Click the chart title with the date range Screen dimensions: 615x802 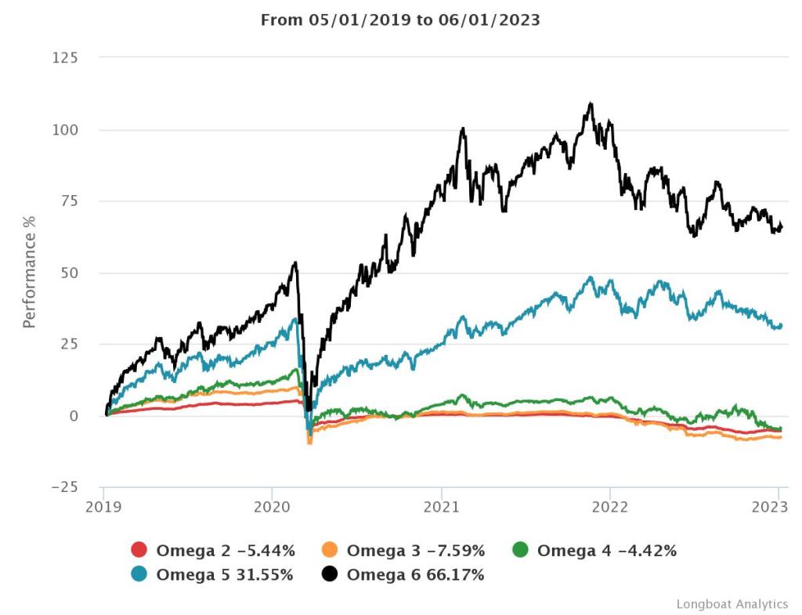(400, 20)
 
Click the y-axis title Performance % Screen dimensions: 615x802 (30, 270)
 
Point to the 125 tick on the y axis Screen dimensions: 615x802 (65, 58)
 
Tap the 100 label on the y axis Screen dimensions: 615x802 (65, 129)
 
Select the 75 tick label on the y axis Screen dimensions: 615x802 (69, 201)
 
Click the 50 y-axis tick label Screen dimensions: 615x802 (69, 273)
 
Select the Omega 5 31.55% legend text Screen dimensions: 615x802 (225, 575)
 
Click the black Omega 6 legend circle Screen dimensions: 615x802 (331, 575)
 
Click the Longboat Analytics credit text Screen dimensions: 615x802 (732, 604)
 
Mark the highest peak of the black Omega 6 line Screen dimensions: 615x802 (591, 103)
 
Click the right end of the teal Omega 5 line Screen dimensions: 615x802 (781, 325)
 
